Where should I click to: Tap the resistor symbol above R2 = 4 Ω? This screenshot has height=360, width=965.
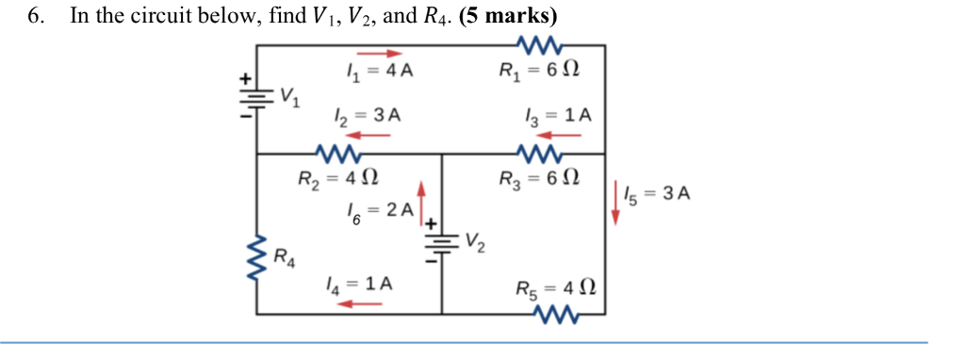coord(338,153)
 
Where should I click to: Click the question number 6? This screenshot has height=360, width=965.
coord(37,16)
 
